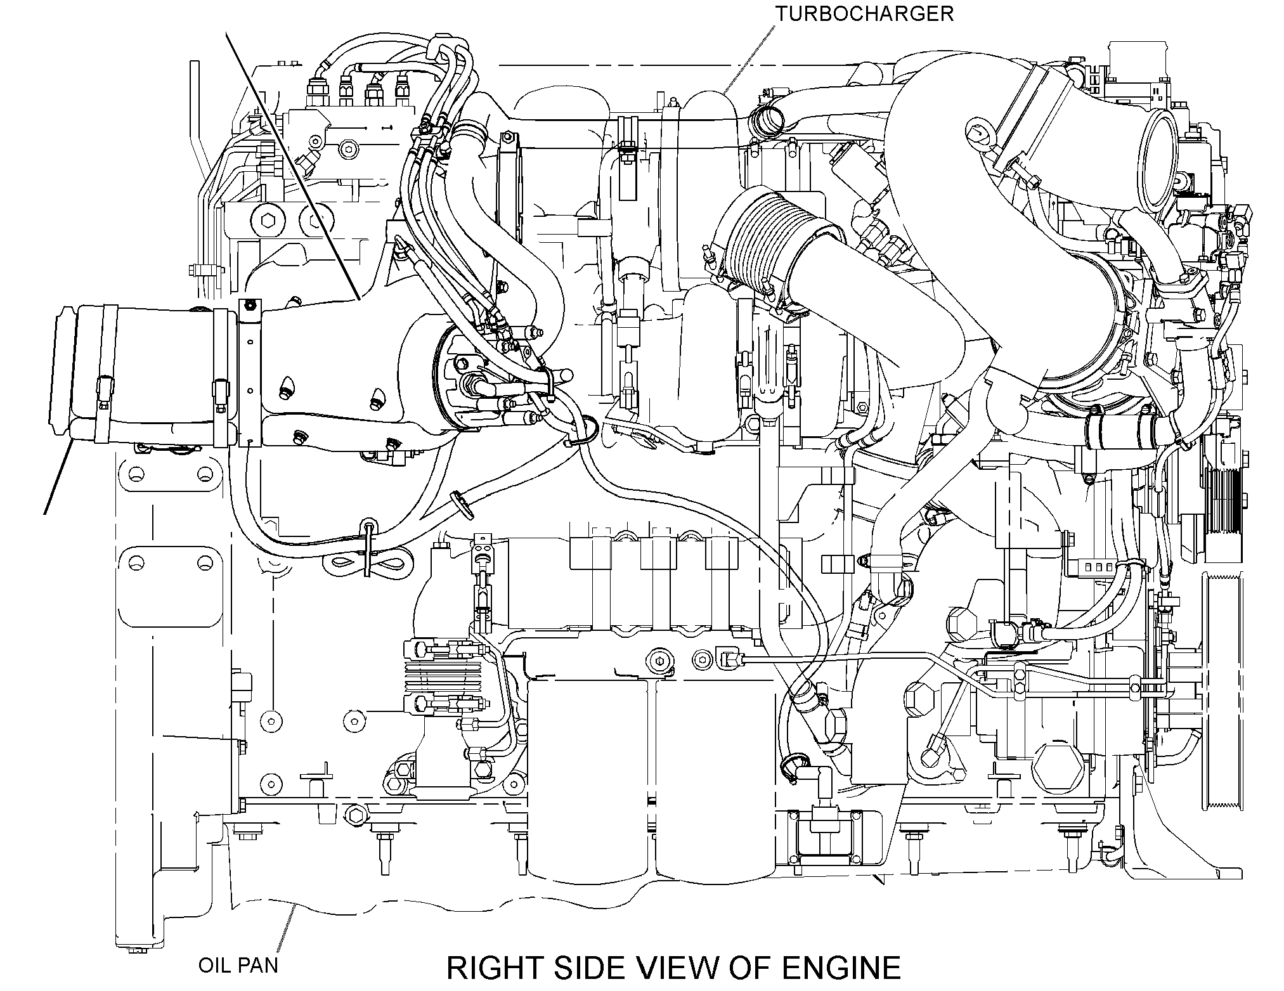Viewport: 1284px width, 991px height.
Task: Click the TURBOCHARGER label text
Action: click(x=866, y=13)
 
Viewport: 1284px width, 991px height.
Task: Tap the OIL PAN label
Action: click(x=238, y=966)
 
